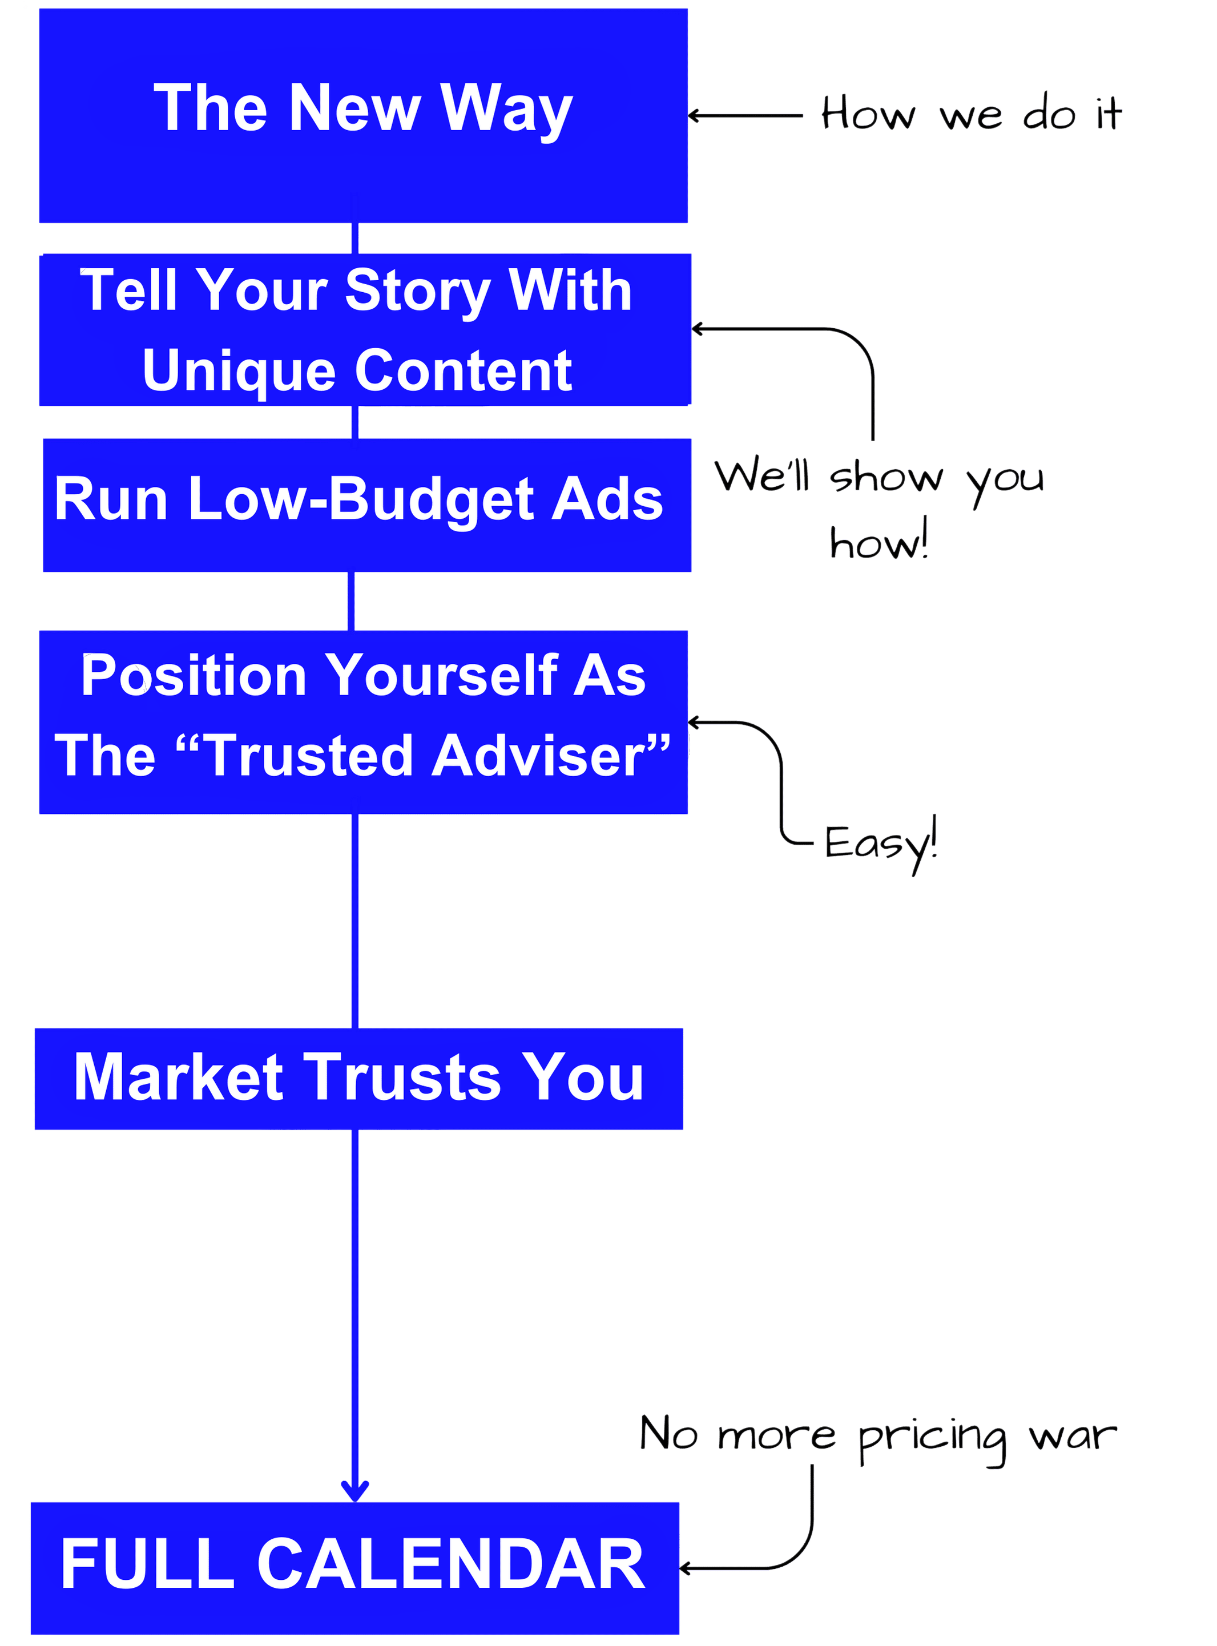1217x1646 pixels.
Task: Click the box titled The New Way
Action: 363,116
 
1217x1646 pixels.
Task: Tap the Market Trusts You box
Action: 359,1078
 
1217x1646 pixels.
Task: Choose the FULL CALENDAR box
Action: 354,1567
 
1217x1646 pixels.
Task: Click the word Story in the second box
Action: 418,291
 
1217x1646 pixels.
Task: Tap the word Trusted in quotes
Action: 310,756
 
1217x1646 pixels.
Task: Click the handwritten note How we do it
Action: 972,114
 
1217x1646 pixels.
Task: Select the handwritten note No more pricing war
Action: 877,1435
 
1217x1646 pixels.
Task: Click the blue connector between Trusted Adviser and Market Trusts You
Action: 355,921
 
